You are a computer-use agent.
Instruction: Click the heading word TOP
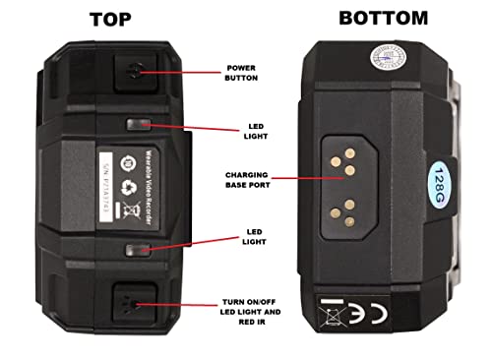pos(120,19)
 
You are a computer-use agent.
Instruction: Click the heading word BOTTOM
pos(383,17)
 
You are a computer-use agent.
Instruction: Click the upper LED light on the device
pos(141,125)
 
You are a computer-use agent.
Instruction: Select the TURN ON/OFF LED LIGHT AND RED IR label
pos(251,312)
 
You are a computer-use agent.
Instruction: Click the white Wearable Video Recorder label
pos(125,184)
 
